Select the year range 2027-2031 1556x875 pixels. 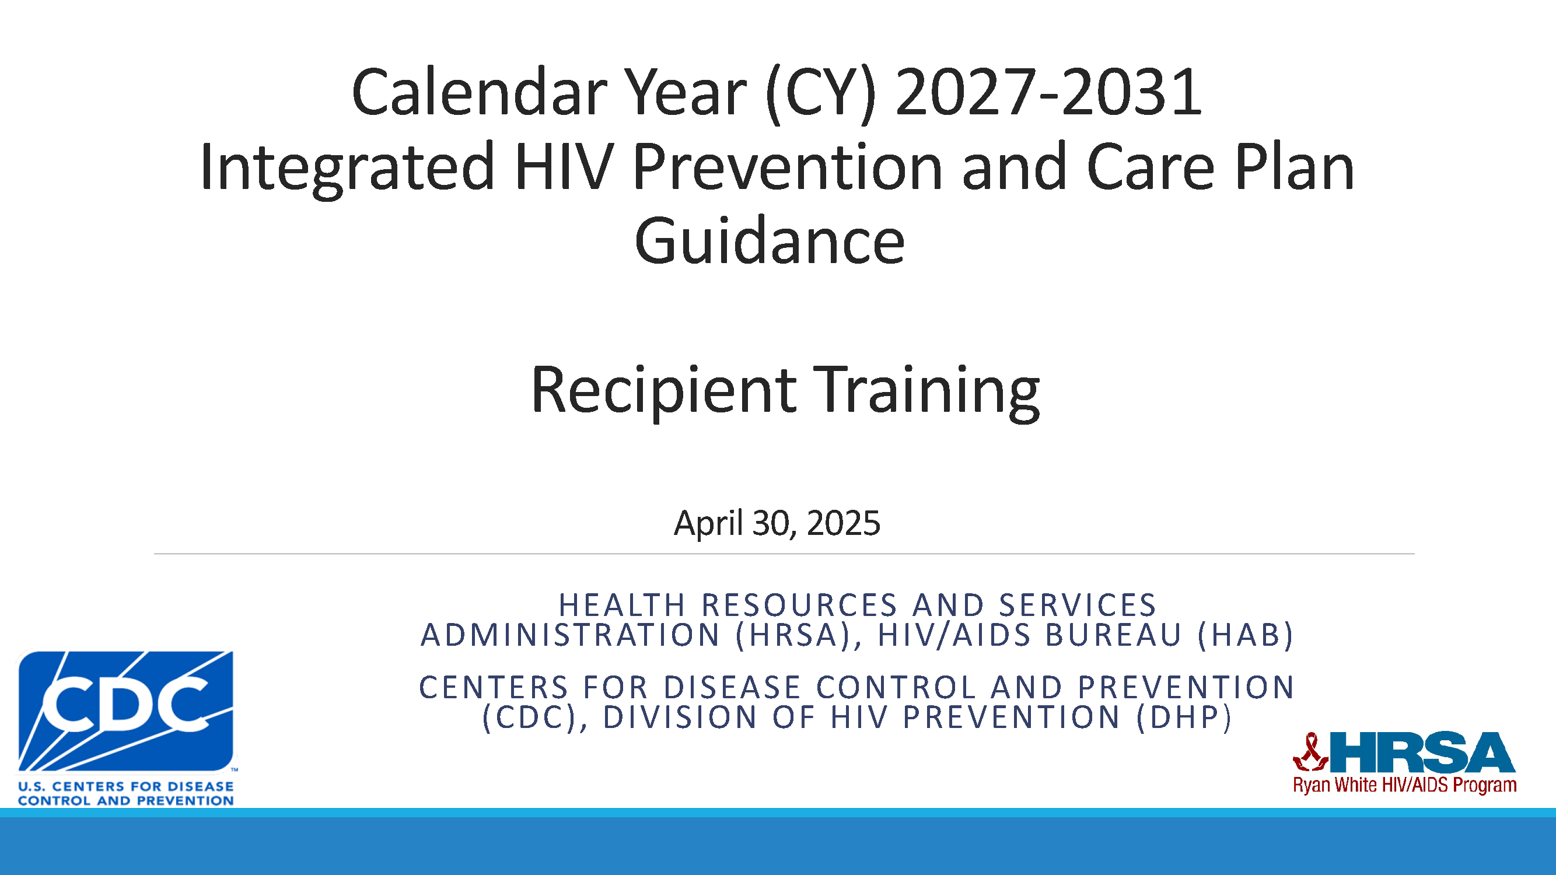[1049, 92]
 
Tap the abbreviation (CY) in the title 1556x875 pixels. [820, 94]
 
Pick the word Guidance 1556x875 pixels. [770, 241]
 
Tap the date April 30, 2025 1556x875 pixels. [777, 523]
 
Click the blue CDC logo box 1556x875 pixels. [125, 710]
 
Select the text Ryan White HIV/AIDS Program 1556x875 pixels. [1404, 785]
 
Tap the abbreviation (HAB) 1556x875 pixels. [1245, 635]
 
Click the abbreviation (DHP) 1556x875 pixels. [1183, 717]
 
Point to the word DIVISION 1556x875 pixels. [680, 717]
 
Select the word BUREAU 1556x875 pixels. [1113, 635]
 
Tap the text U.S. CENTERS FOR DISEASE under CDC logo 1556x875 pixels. [125, 786]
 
